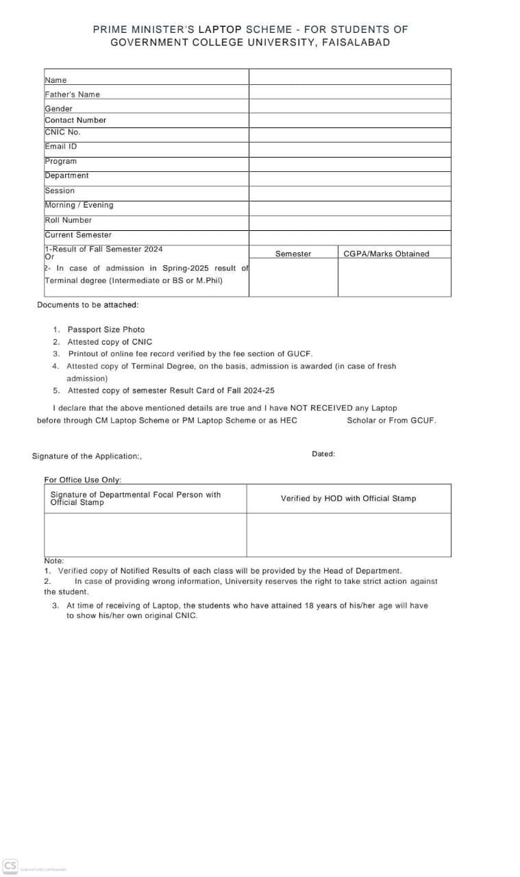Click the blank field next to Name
[349, 77]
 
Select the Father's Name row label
[72, 95]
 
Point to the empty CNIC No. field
[349, 134]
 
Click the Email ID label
[61, 146]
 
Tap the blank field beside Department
[349, 178]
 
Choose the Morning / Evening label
[79, 205]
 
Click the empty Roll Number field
[349, 223]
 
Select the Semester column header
[293, 254]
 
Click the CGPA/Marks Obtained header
[386, 254]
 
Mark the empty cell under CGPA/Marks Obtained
[394, 277]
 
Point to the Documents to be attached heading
[88, 305]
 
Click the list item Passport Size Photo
[106, 330]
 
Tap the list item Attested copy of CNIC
[110, 342]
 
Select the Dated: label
[323, 454]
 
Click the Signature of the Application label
[86, 456]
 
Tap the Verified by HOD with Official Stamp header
[348, 498]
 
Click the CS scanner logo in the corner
[10, 865]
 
